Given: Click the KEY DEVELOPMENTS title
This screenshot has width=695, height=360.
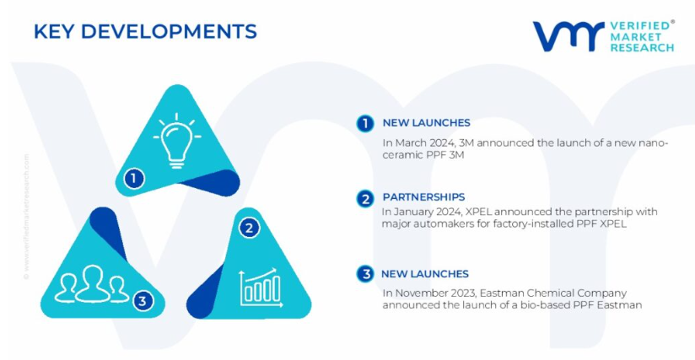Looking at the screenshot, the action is (145, 31).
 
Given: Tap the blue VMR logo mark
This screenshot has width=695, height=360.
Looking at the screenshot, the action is (568, 36).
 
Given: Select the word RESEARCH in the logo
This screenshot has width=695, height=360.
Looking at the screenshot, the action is (642, 47).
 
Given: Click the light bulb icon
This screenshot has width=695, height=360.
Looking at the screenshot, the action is (177, 140).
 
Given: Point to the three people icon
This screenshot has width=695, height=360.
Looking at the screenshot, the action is (92, 284).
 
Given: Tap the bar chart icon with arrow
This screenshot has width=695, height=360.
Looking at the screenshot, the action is (261, 287).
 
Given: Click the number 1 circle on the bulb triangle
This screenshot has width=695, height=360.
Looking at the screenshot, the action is (134, 179).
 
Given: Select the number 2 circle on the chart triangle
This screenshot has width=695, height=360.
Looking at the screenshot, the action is (249, 228).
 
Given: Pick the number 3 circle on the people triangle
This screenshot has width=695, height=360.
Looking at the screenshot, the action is (143, 301).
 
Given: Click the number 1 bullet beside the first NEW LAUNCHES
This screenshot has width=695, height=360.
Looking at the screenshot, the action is (365, 124).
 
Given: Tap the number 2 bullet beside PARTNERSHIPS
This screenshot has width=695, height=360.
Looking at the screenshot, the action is (365, 199).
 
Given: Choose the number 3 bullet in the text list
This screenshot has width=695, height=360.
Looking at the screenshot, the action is (365, 274).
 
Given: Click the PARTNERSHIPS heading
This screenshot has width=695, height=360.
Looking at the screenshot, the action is (423, 197).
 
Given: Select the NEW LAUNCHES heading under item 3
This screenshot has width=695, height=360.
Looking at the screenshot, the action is (424, 274).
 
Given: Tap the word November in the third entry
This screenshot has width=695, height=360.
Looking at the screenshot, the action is (416, 293).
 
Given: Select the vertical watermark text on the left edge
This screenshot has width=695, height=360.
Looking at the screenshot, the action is (27, 217).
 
